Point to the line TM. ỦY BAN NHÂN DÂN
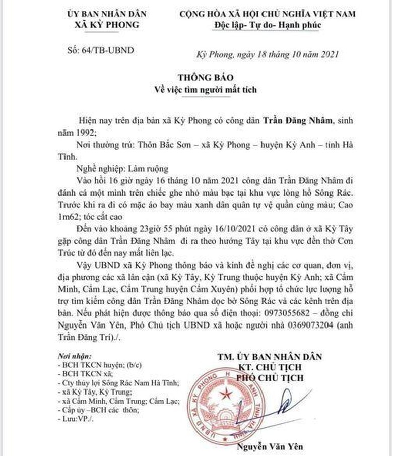(270, 357)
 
